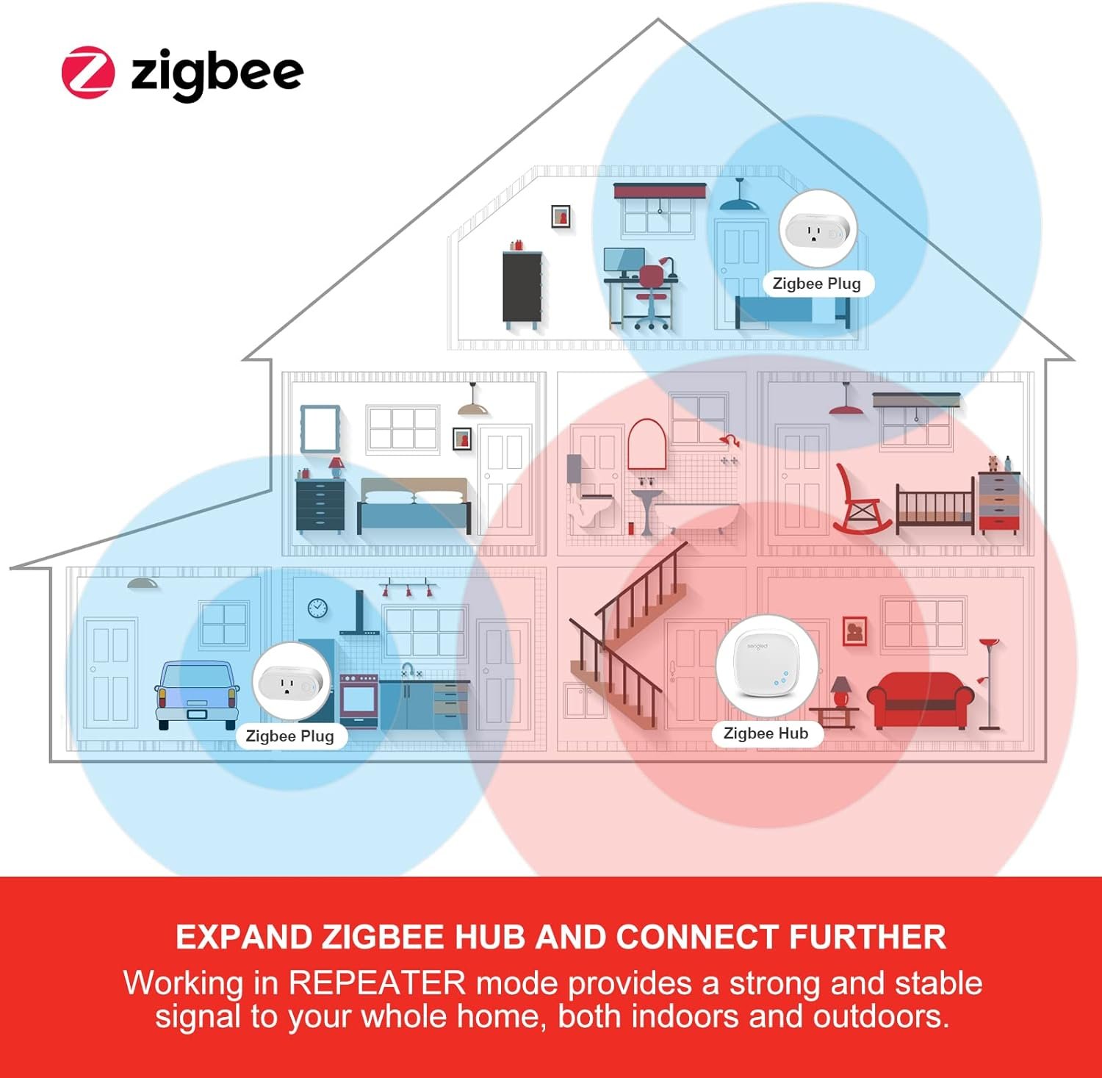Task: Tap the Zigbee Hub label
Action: click(x=766, y=733)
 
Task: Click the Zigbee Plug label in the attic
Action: click(x=816, y=284)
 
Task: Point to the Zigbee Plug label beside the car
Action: click(x=289, y=736)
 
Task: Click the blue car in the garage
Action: click(x=197, y=694)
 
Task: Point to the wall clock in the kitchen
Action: click(x=317, y=608)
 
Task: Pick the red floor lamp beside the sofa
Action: click(x=990, y=683)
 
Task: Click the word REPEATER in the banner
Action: click(x=377, y=983)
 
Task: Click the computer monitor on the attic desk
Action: click(x=624, y=260)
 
